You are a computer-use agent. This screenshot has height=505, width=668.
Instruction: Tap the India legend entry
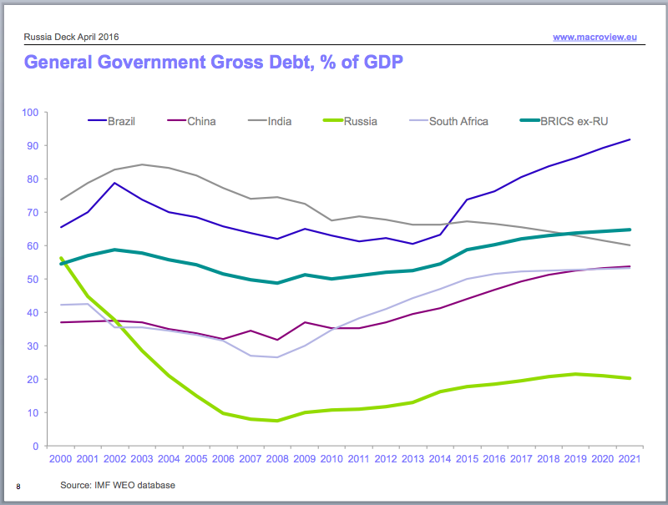click(x=280, y=121)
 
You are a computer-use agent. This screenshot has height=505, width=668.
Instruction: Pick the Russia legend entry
click(x=361, y=121)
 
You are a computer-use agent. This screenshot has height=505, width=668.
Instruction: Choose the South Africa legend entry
click(x=458, y=121)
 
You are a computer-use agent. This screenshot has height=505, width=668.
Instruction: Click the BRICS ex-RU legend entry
click(x=572, y=121)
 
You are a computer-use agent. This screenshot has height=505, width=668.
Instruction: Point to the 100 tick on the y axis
click(x=31, y=112)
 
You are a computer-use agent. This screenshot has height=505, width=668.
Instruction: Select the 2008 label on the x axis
click(x=276, y=460)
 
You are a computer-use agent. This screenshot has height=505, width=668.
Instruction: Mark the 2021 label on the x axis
click(x=630, y=460)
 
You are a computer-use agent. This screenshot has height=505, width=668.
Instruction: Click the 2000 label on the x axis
click(x=59, y=460)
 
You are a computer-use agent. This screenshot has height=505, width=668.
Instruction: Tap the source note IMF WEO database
click(x=117, y=484)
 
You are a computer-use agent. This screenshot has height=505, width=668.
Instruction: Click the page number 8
click(x=18, y=485)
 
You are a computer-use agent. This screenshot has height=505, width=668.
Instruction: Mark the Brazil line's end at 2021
click(x=630, y=139)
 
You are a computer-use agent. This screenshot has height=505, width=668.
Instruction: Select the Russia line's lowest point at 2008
click(x=276, y=421)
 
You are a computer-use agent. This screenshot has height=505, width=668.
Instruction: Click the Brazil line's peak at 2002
click(x=114, y=183)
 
